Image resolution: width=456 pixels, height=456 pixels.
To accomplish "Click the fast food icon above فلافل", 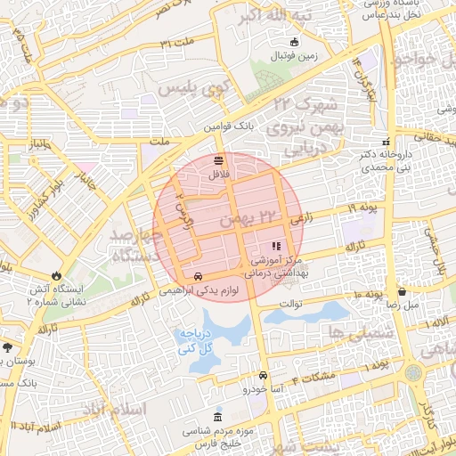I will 219,159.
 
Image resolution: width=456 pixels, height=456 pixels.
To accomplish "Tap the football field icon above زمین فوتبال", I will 294,41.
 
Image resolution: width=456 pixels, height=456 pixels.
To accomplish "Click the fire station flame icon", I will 58,275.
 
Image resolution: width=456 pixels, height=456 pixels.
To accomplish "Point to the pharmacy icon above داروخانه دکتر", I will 386,142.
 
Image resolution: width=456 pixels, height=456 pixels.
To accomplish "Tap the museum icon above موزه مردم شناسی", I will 219,418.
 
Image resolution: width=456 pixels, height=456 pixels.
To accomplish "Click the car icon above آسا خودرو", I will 265,375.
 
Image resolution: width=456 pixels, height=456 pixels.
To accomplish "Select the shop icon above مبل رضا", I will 402,290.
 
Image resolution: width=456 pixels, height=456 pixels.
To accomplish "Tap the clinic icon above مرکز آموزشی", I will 276,245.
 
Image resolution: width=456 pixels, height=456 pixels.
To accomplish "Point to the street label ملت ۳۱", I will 176,44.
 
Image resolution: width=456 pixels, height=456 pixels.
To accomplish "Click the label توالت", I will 291,303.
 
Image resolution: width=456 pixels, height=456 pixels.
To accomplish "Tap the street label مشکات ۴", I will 319,377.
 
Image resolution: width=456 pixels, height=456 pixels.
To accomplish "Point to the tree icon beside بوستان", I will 8,346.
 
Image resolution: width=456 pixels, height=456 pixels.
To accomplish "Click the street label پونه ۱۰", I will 367,295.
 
